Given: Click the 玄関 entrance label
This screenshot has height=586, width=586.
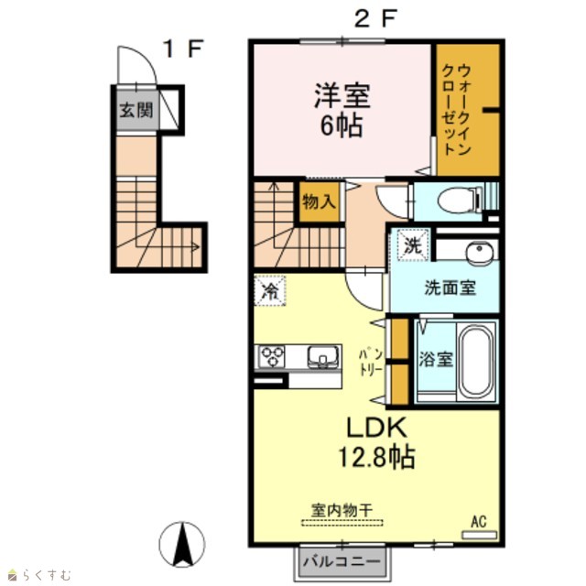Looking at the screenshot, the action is (x=136, y=110).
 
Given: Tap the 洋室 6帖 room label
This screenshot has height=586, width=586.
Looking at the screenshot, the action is (x=342, y=110).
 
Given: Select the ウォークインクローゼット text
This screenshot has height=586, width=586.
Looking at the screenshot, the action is (x=456, y=110).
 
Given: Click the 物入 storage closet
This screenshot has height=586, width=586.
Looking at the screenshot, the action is (x=319, y=201).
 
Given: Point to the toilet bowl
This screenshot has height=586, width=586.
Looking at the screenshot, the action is (x=459, y=201).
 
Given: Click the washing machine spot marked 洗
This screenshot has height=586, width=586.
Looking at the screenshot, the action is (x=413, y=244).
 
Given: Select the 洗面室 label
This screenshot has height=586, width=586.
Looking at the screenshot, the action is (x=450, y=288).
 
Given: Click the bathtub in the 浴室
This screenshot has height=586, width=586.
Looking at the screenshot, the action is (x=475, y=362).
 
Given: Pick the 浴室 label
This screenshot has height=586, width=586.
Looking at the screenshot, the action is (x=436, y=360).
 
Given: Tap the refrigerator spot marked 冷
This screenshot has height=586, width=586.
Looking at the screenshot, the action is (x=270, y=291).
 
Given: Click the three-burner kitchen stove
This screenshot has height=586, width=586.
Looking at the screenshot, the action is (x=271, y=357).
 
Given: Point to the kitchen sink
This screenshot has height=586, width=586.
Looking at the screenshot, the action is (x=323, y=356).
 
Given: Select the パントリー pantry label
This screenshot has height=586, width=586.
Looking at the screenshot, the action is (x=371, y=362).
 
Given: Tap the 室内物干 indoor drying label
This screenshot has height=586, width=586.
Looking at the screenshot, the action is (x=342, y=510).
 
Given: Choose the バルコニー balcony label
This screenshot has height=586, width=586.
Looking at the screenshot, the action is (x=342, y=561).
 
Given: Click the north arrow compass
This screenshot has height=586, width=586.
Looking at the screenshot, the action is (x=182, y=544).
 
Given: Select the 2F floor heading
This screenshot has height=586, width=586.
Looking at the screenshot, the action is (x=374, y=18).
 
